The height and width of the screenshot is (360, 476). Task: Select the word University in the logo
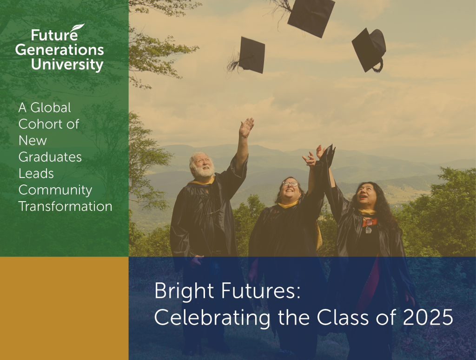(67, 65)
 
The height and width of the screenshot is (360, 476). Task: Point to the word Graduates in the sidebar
(50, 157)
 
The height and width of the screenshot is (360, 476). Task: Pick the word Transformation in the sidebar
(65, 206)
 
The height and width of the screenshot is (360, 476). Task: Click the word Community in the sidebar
(55, 190)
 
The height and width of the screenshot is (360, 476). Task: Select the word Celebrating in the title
(212, 318)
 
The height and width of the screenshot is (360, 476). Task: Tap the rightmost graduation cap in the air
(369, 50)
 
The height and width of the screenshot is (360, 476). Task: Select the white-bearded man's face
(203, 166)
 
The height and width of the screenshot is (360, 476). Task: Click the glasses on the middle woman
(290, 183)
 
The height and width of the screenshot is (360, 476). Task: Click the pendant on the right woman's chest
(369, 229)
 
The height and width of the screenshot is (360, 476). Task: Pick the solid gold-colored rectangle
(64, 308)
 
